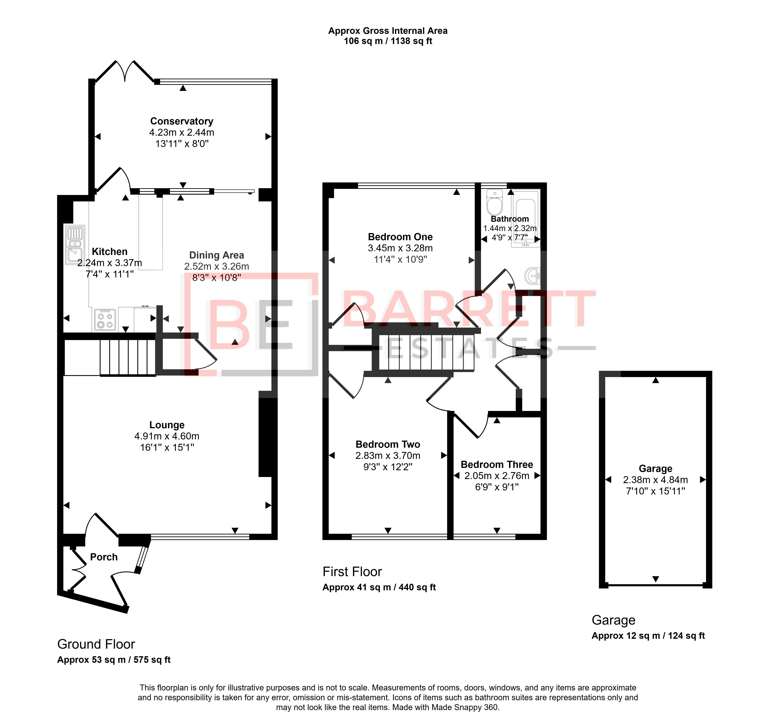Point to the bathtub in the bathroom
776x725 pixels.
coord(525,219)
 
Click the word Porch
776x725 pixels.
coord(104,557)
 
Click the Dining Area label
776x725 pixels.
coord(217,255)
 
